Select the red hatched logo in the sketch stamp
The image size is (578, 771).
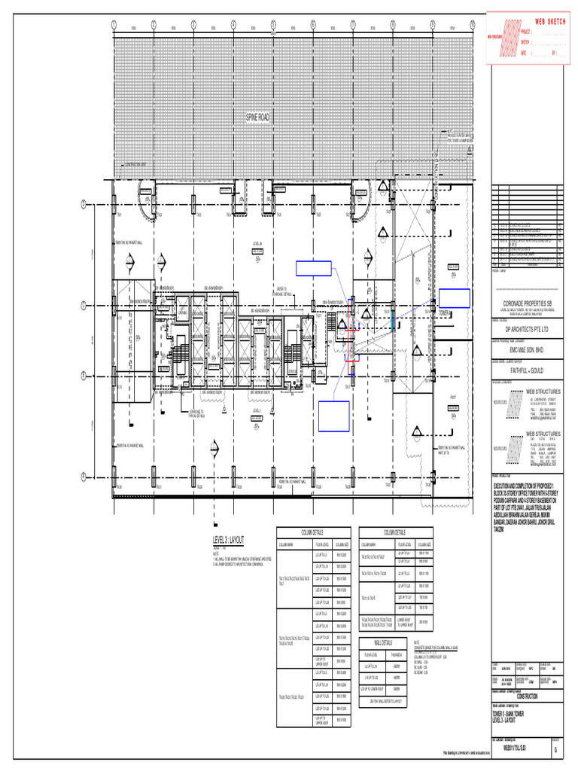[x=511, y=34]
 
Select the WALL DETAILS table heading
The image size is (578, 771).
[x=383, y=642]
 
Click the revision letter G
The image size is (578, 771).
[x=555, y=751]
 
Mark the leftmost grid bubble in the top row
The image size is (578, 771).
[x=113, y=24]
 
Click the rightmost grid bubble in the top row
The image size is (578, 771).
[x=472, y=24]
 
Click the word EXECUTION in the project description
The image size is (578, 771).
[x=505, y=487]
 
